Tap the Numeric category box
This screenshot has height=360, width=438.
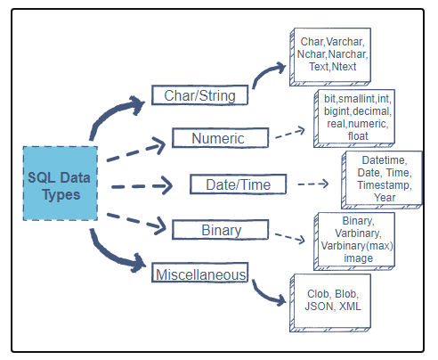pyautogui.click(x=217, y=138)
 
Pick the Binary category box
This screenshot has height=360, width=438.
pyautogui.click(x=220, y=230)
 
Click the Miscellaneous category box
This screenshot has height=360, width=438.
pyautogui.click(x=200, y=274)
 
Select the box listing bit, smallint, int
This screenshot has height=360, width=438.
pyautogui.click(x=357, y=117)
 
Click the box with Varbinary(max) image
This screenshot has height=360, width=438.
pyautogui.click(x=356, y=238)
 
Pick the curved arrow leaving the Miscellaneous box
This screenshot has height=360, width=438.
pyautogui.click(x=264, y=292)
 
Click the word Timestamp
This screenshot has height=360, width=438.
pyautogui.click(x=384, y=185)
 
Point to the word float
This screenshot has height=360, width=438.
pyautogui.click(x=357, y=135)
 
